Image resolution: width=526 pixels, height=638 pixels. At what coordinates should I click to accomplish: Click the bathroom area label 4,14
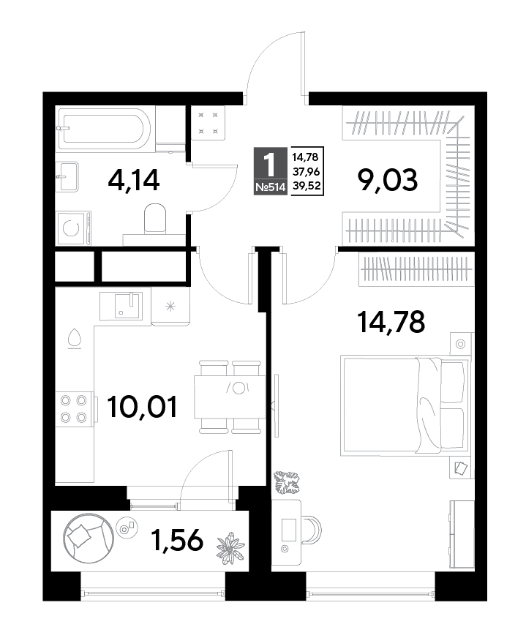tap(133, 180)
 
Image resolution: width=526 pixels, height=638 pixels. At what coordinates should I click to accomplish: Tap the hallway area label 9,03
tap(387, 180)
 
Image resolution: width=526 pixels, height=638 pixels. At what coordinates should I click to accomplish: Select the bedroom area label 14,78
tap(391, 321)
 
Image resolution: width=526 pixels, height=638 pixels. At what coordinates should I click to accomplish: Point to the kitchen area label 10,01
tap(143, 408)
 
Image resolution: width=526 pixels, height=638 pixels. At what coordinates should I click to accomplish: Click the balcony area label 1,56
tap(176, 541)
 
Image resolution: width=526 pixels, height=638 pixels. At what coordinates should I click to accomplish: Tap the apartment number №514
tap(270, 187)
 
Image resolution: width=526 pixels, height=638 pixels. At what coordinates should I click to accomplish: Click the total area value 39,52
tap(307, 187)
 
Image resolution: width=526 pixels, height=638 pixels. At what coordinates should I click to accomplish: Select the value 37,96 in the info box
tap(307, 171)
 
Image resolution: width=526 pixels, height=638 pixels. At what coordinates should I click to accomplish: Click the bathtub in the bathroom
tap(102, 128)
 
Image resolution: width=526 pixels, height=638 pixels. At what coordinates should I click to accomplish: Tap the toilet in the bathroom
tap(155, 218)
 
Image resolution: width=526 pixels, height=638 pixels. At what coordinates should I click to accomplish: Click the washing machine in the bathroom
tap(74, 228)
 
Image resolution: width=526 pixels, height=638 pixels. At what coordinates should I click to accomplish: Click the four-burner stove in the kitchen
tap(74, 409)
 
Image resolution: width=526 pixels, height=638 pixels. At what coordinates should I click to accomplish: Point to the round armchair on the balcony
tap(89, 537)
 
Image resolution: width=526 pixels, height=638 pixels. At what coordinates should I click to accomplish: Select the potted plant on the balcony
tap(230, 548)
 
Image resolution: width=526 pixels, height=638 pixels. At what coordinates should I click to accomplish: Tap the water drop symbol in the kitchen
tap(75, 339)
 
